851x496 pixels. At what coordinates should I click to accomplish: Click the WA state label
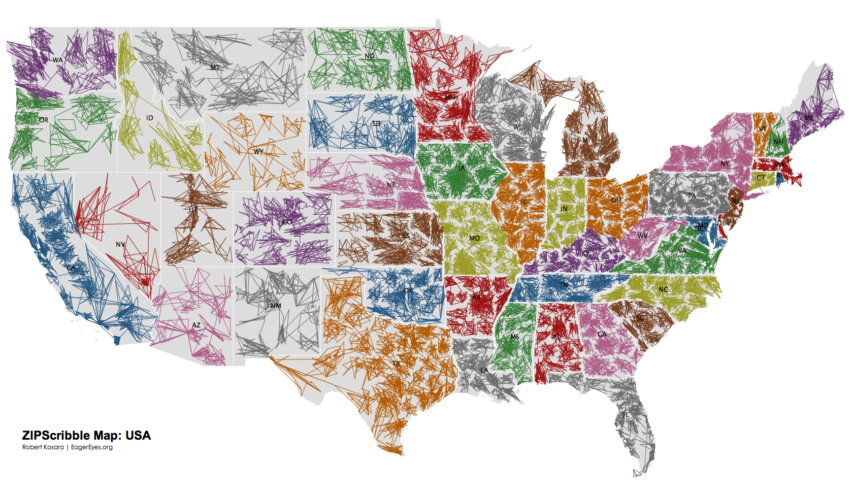click(x=58, y=60)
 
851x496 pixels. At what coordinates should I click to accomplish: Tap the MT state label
click(x=215, y=68)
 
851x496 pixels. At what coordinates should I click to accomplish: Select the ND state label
click(x=370, y=56)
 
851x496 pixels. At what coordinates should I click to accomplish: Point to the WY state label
click(x=258, y=151)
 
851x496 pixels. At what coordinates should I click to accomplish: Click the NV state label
click(x=120, y=244)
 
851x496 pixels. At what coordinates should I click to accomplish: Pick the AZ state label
click(x=196, y=325)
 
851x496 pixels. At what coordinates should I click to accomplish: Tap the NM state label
click(x=276, y=306)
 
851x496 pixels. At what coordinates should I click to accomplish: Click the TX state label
click(x=397, y=363)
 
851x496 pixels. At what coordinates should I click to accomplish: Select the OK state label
click(x=408, y=290)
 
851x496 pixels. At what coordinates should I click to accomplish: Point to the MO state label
click(x=474, y=238)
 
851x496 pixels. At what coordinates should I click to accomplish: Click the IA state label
click(x=461, y=168)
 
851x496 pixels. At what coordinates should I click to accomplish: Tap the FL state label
click(x=626, y=415)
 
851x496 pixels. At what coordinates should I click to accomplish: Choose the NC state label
click(x=663, y=289)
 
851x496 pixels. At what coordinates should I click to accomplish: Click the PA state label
click(x=692, y=196)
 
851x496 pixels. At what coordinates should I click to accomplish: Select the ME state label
click(x=808, y=118)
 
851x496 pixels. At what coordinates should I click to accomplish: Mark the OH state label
click(x=616, y=200)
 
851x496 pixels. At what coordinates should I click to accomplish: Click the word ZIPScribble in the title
click(x=57, y=436)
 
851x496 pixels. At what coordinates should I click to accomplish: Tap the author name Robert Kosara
click(x=43, y=447)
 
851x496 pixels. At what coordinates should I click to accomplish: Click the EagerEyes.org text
click(x=92, y=447)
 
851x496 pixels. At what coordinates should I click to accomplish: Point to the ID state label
click(x=149, y=118)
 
